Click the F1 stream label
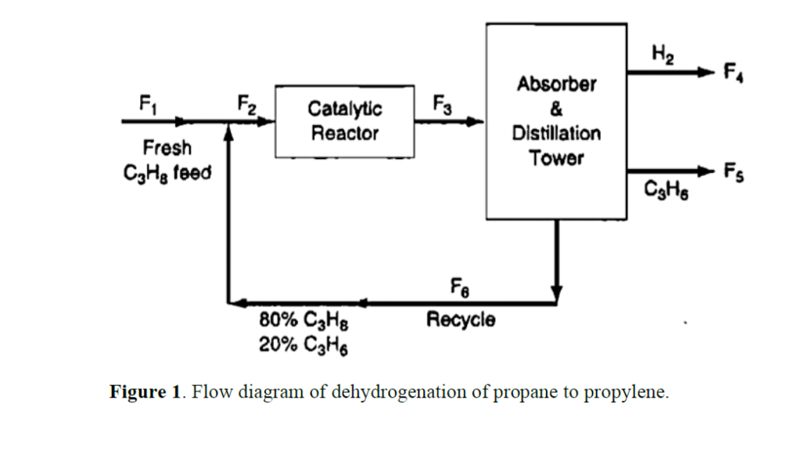(x=147, y=103)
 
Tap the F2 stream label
(x=246, y=103)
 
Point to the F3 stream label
(x=442, y=103)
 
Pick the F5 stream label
(x=733, y=172)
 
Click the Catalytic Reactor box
(x=344, y=121)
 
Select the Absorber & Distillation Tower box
(x=556, y=121)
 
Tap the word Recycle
(x=460, y=319)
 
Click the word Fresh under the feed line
(x=167, y=148)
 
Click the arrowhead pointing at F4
(x=707, y=72)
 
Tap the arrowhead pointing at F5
(x=707, y=171)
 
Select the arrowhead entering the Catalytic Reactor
(x=268, y=121)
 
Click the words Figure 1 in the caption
(x=145, y=391)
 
